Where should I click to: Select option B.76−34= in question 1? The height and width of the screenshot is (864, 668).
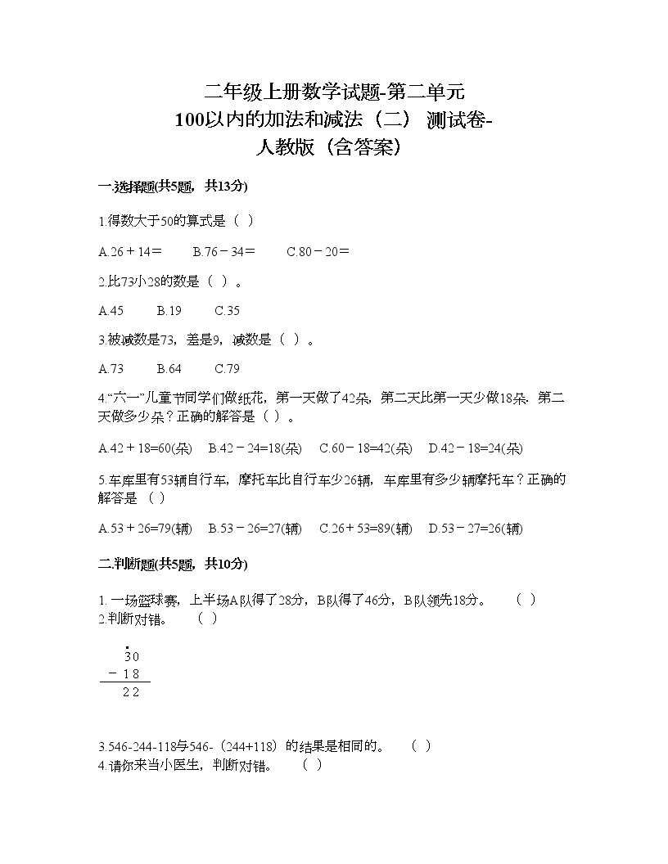(x=223, y=252)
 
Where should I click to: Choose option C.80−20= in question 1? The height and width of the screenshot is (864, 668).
(x=318, y=252)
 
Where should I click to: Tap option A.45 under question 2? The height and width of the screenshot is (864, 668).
(x=111, y=311)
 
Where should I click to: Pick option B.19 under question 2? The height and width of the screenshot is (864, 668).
(x=169, y=311)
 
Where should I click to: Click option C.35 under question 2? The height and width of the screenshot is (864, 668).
(x=227, y=311)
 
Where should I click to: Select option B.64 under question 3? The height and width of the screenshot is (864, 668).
(x=169, y=369)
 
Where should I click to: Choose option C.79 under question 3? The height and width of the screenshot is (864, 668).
(x=227, y=369)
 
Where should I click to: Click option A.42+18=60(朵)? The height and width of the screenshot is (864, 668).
(x=145, y=448)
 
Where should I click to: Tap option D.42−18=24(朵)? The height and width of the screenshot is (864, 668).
(x=476, y=448)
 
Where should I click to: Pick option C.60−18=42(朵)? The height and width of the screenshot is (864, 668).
(x=365, y=448)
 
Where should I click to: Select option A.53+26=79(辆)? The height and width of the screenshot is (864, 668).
(x=145, y=529)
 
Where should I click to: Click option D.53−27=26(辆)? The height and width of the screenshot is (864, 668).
(x=476, y=529)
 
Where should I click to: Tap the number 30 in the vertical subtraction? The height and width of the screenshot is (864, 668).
(x=131, y=656)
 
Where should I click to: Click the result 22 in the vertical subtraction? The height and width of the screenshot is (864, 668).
(x=130, y=692)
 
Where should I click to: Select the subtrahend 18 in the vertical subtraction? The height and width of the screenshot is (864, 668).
(x=131, y=674)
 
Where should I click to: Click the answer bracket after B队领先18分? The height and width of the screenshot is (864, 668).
(x=526, y=600)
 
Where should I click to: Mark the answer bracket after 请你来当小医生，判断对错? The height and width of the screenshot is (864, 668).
(x=312, y=766)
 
